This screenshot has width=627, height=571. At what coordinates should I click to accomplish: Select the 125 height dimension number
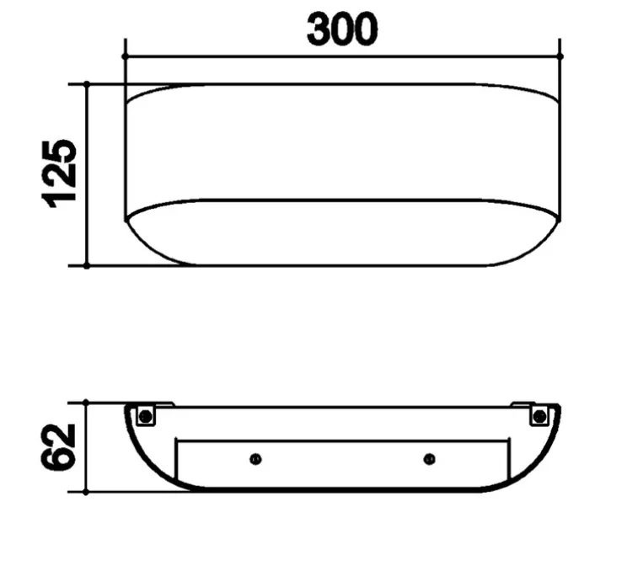(x=61, y=173)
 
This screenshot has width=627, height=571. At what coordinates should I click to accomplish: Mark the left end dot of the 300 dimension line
(x=125, y=56)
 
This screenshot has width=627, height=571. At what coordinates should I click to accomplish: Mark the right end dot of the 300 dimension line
(x=560, y=56)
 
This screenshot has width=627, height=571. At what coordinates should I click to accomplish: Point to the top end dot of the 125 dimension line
(x=87, y=83)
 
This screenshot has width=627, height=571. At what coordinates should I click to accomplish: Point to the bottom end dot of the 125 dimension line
(x=87, y=265)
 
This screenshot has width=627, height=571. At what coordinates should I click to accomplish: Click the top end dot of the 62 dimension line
(x=87, y=403)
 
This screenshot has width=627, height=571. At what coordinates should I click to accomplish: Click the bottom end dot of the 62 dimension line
(x=87, y=493)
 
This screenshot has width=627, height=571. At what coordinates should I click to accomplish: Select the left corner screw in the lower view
(x=146, y=415)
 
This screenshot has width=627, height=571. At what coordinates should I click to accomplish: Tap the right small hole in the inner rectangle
(x=430, y=459)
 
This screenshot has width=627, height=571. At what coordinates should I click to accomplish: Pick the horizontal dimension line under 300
(x=253, y=56)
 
